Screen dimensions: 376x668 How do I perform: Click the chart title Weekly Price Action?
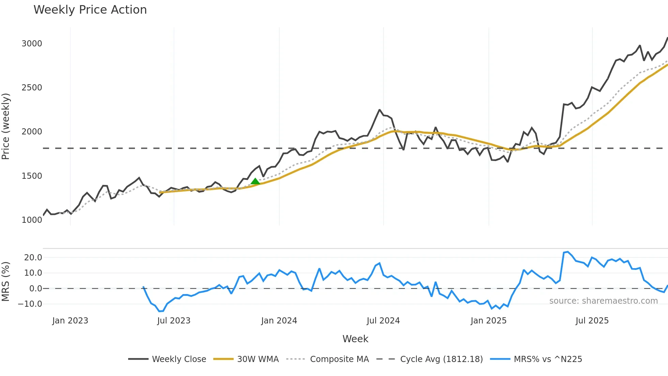(90, 10)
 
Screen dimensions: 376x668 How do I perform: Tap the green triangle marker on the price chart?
(255, 181)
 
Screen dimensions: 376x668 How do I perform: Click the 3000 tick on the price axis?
(32, 44)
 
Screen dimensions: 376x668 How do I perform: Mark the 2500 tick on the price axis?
(32, 88)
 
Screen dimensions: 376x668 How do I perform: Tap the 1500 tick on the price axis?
(32, 176)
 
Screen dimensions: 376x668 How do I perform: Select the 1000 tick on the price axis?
(32, 220)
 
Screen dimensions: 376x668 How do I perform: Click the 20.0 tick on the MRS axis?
(33, 258)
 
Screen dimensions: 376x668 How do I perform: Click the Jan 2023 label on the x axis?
(70, 321)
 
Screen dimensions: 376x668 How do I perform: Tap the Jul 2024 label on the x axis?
(383, 321)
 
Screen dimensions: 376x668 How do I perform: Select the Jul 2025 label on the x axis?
(592, 321)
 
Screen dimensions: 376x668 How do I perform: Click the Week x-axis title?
(355, 339)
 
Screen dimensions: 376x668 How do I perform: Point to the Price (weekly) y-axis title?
(6, 126)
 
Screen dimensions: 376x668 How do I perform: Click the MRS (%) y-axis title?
(6, 281)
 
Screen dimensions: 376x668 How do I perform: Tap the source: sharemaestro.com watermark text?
(603, 301)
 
